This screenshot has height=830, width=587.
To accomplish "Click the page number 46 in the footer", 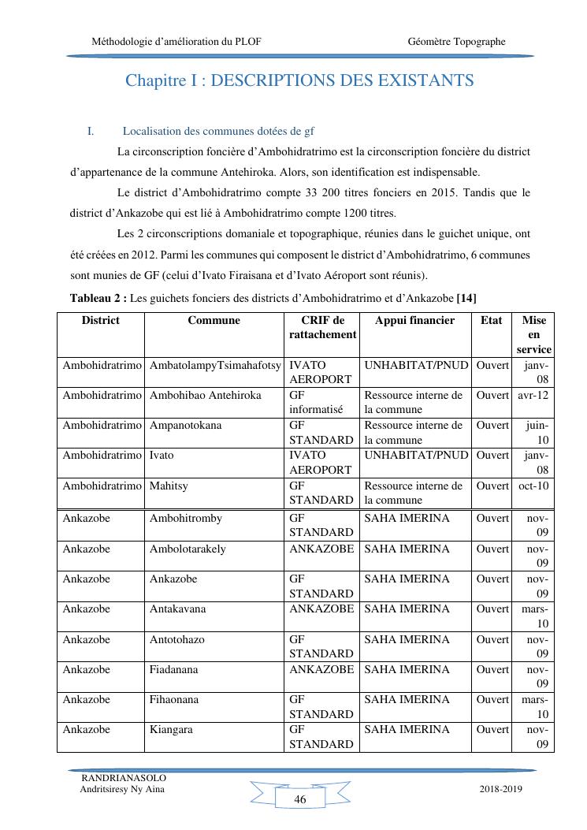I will pos(299,799).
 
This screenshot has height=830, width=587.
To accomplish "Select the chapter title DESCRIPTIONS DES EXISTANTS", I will pos(299,80).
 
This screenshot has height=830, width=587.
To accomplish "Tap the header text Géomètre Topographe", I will pos(457,41).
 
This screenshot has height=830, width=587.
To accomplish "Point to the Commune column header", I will pos(214,321).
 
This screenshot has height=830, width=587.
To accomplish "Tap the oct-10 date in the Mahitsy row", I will pos(533,486).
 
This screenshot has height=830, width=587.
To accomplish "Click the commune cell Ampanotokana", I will pos(185,426).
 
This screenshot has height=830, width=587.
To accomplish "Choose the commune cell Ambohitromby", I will pos(185,519).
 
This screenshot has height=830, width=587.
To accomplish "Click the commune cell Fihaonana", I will pos(173,699).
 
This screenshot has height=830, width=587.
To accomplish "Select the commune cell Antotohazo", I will pos(176,639).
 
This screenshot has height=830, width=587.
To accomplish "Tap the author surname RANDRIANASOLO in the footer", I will pos(124,778).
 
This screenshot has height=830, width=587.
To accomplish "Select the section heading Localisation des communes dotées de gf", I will pos(218,131).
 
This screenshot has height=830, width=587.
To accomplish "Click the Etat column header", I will pos(491,321).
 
